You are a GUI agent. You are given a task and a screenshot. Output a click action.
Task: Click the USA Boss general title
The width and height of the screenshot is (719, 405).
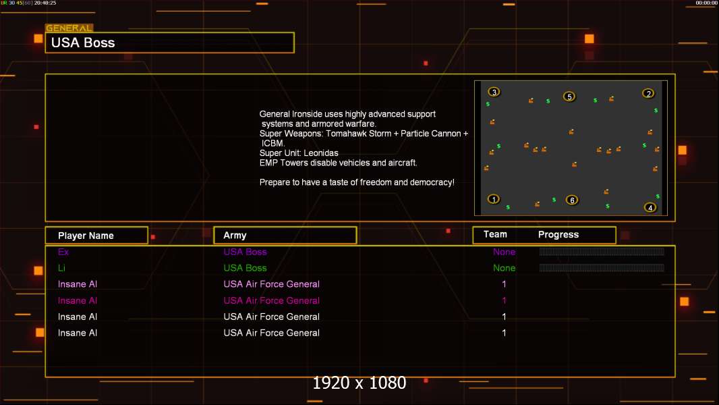pyautogui.click(x=83, y=43)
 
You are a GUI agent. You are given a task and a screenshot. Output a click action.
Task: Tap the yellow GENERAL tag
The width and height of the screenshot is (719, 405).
pyautogui.click(x=69, y=28)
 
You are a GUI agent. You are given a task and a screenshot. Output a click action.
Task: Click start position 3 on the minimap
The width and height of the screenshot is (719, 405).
pyautogui.click(x=494, y=92)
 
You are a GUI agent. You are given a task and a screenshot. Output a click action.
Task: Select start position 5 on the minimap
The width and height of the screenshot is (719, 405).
pyautogui.click(x=569, y=97)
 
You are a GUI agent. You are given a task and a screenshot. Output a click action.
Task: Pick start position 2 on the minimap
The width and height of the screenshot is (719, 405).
pyautogui.click(x=648, y=94)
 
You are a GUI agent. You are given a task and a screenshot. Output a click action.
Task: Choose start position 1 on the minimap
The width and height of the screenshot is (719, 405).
pyautogui.click(x=494, y=199)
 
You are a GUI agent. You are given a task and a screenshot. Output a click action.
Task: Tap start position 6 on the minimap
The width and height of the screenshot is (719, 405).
pyautogui.click(x=572, y=200)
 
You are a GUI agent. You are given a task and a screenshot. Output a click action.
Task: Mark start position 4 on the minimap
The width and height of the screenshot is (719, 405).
pyautogui.click(x=650, y=208)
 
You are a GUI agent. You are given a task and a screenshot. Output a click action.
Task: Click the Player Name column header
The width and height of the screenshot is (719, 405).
pyautogui.click(x=86, y=236)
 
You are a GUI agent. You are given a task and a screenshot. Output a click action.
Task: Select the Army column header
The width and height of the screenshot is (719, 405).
pyautogui.click(x=235, y=236)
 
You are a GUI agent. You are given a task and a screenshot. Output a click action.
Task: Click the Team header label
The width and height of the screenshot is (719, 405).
pyautogui.click(x=495, y=234)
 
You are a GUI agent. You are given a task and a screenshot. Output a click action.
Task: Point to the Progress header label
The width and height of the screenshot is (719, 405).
pyautogui.click(x=558, y=235)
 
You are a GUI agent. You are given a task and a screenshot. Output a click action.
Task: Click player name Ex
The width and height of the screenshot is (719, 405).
pyautogui.click(x=63, y=252)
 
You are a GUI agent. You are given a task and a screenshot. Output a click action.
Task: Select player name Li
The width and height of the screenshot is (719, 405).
pyautogui.click(x=61, y=268)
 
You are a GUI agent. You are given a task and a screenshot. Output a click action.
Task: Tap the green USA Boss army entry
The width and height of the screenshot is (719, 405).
pyautogui.click(x=245, y=268)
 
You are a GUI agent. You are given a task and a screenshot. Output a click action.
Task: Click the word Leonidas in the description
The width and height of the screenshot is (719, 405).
pyautogui.click(x=321, y=153)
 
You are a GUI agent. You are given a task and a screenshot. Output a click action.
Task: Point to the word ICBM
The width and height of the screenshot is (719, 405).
pyautogui.click(x=273, y=143)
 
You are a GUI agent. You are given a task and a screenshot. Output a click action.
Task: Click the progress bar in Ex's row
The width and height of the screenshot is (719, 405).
pyautogui.click(x=602, y=251)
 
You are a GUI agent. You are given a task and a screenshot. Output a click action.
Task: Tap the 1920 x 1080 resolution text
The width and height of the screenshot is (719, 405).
pyautogui.click(x=359, y=383)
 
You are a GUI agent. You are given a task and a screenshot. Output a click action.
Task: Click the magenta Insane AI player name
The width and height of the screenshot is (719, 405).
pyautogui.click(x=78, y=300)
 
